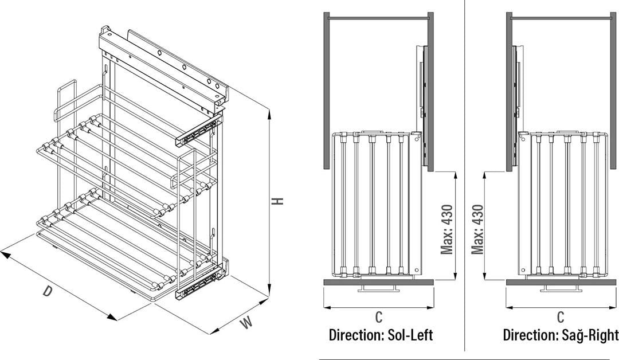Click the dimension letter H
point(279,201)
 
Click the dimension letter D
point(48,291)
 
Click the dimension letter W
point(246,323)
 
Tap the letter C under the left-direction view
point(379,316)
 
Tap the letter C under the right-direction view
point(561,316)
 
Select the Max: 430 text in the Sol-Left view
point(447,229)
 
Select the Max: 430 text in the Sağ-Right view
point(477,229)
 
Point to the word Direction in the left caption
point(355,335)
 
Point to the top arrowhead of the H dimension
point(269,115)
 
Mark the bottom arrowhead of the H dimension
point(269,291)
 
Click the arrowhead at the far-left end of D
point(6,254)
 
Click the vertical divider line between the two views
point(465,175)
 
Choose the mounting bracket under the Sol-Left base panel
point(379,288)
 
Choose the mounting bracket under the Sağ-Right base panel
point(561,288)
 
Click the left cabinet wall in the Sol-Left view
point(327,91)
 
